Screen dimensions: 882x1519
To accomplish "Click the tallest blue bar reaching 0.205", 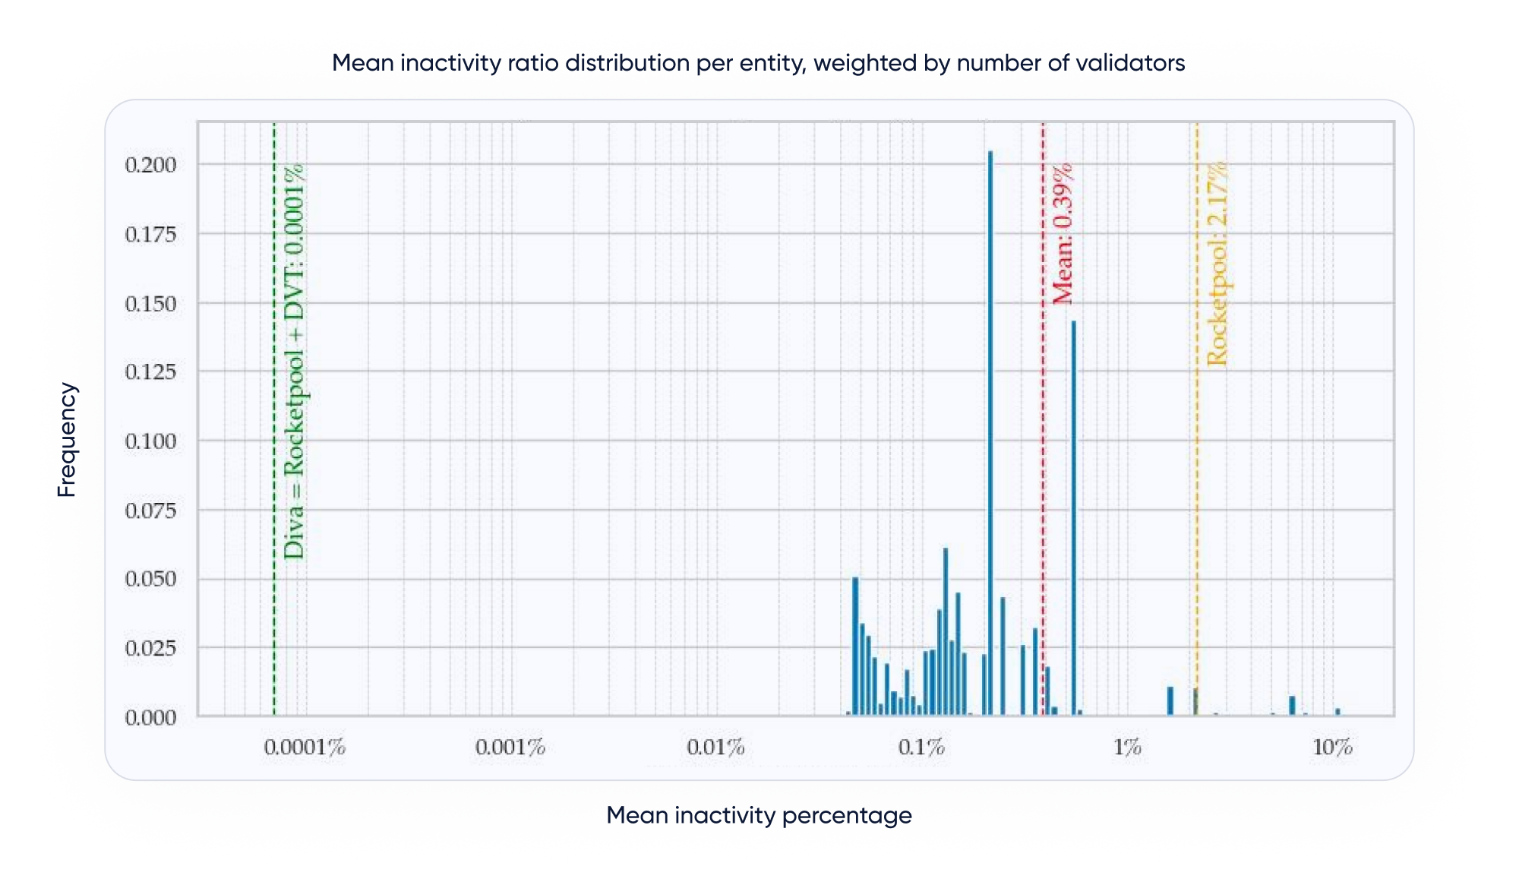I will pyautogui.click(x=990, y=433).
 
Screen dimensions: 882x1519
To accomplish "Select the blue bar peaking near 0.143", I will pyautogui.click(x=1073, y=517).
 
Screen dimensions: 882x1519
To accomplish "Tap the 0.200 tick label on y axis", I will pyautogui.click(x=150, y=165).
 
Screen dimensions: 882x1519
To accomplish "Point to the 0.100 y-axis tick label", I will pyautogui.click(x=150, y=441).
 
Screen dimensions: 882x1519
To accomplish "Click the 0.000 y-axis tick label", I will pyautogui.click(x=150, y=717).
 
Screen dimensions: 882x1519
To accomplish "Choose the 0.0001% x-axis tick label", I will pyautogui.click(x=305, y=748).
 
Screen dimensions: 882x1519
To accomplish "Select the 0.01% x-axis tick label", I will pyautogui.click(x=715, y=748).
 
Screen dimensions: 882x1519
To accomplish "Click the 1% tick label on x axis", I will pyautogui.click(x=1127, y=748).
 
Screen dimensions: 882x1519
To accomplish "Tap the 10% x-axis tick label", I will pyautogui.click(x=1332, y=748).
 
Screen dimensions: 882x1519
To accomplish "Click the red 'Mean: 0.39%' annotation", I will pyautogui.click(x=1063, y=234).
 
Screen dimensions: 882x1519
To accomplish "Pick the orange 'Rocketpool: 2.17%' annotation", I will pyautogui.click(x=1217, y=264).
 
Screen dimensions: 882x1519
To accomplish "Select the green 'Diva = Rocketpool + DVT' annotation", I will pyautogui.click(x=293, y=362).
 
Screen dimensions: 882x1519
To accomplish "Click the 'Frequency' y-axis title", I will pyautogui.click(x=67, y=440).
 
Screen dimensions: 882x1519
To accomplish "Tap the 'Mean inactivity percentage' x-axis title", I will pyautogui.click(x=759, y=815).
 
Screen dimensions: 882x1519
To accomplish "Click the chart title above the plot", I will pyautogui.click(x=758, y=63).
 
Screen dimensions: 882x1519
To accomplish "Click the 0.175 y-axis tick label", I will pyautogui.click(x=150, y=234).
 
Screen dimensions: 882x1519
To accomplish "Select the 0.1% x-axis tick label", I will pyautogui.click(x=921, y=748).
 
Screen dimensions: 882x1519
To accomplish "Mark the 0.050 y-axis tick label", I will pyautogui.click(x=150, y=579).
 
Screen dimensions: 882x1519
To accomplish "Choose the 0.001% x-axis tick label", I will pyautogui.click(x=510, y=748).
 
